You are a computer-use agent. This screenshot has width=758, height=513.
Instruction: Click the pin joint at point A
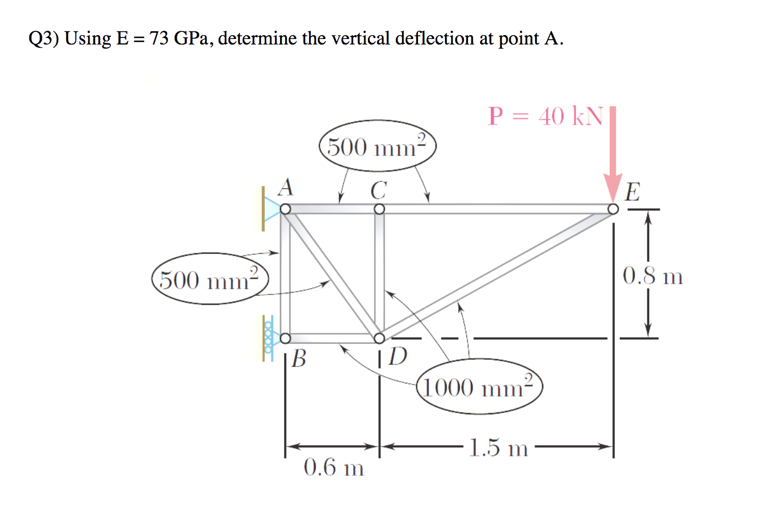(x=285, y=209)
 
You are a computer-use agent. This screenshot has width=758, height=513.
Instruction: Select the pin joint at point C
(x=379, y=209)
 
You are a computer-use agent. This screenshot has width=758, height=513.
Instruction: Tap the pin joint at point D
(x=379, y=338)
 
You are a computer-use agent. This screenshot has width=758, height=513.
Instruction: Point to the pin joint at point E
(x=613, y=209)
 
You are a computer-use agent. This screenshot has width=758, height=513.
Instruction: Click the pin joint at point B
(x=285, y=338)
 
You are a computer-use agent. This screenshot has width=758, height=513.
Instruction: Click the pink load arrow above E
(x=613, y=154)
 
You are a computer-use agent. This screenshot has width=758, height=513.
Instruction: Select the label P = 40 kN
(x=545, y=116)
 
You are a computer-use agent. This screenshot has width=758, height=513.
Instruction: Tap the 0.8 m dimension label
(x=653, y=276)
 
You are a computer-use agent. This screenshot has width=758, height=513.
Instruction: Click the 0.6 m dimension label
(x=333, y=468)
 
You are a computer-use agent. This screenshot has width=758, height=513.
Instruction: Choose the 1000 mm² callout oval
(x=480, y=387)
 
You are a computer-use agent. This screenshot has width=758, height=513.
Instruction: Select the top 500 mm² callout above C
(x=377, y=147)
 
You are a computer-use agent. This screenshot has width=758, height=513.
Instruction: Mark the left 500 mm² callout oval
(x=210, y=279)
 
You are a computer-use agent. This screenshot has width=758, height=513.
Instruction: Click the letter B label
(x=299, y=359)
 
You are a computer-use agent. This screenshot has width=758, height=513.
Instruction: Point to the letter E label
(x=632, y=192)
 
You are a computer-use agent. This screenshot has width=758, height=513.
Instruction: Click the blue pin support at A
(x=271, y=209)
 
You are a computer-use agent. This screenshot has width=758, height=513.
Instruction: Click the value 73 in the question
(x=159, y=38)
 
